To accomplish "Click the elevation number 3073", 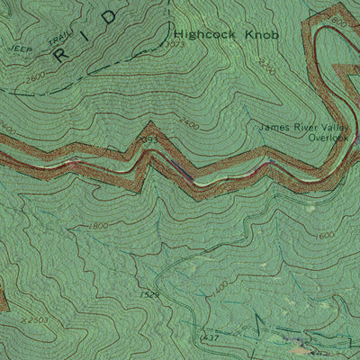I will click(x=176, y=44).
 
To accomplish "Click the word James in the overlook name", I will click(x=274, y=127).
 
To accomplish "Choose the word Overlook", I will click(x=327, y=138).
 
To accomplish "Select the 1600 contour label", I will click(x=325, y=236).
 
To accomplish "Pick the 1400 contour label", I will click(x=219, y=285).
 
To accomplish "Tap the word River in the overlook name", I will click(x=303, y=127).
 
